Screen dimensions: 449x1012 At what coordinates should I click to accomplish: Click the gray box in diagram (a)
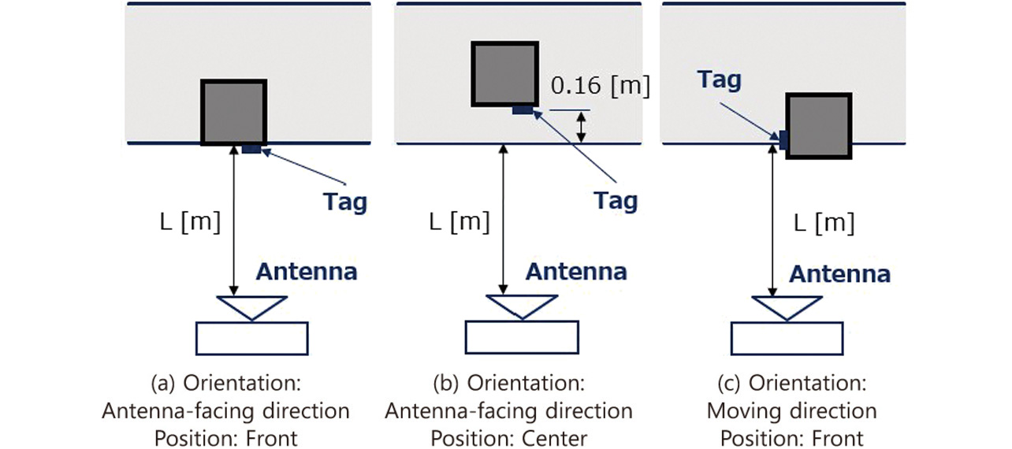point(233,112)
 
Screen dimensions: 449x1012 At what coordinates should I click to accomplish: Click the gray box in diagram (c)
point(819,126)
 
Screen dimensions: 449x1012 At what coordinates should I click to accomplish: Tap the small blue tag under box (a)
point(251,150)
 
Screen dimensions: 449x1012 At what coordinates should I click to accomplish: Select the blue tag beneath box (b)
point(522,110)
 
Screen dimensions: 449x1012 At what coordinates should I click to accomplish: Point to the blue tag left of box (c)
point(783,139)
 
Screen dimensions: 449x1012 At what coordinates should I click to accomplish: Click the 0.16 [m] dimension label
point(600,86)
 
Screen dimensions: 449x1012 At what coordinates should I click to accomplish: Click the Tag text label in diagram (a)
point(345,202)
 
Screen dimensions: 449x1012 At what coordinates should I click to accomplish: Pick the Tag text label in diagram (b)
point(616,200)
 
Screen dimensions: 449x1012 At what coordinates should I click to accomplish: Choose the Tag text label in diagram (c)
point(719,80)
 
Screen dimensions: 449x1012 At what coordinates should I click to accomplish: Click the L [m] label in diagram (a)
point(190,222)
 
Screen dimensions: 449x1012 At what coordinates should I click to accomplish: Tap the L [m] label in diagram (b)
point(460,222)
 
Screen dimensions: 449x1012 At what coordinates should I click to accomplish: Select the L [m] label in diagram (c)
point(824,223)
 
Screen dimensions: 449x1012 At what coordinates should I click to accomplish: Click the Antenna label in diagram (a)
point(306,273)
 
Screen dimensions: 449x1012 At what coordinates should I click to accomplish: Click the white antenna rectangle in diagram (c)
point(787,338)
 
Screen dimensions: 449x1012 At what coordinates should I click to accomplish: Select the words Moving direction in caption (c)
point(791,410)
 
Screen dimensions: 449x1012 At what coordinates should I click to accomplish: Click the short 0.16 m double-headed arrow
point(582,127)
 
